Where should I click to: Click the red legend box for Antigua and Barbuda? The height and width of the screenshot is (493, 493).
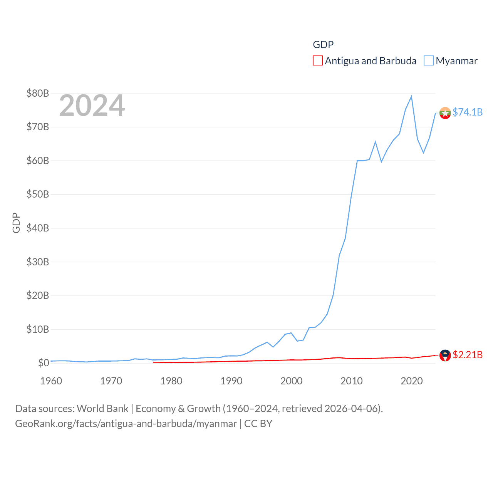317,61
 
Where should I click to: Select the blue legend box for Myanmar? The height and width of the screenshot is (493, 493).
428,61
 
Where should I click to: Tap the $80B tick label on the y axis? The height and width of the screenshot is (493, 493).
37,93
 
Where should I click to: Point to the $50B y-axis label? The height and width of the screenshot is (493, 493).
37,194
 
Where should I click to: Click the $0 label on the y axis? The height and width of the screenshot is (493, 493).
43,363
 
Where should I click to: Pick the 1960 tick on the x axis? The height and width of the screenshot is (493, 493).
51,381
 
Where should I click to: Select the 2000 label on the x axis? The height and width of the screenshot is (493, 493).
292,381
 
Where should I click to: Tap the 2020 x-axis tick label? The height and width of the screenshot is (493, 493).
412,381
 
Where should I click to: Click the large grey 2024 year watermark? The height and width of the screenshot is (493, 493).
92,106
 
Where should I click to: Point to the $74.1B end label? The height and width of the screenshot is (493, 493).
468,112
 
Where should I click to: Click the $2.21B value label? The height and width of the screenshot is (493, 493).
468,355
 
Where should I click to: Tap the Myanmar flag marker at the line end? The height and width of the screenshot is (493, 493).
445,113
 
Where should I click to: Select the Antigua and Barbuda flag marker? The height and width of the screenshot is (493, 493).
445,355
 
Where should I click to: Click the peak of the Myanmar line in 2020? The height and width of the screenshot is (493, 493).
411,96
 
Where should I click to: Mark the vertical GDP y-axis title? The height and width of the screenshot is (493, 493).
16,223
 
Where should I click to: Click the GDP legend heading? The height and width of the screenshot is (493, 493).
323,45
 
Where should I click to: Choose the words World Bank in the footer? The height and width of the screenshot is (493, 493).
103,409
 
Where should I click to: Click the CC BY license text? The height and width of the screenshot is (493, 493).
258,424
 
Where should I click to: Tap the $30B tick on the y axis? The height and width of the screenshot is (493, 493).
37,262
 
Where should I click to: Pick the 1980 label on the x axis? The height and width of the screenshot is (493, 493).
171,381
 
